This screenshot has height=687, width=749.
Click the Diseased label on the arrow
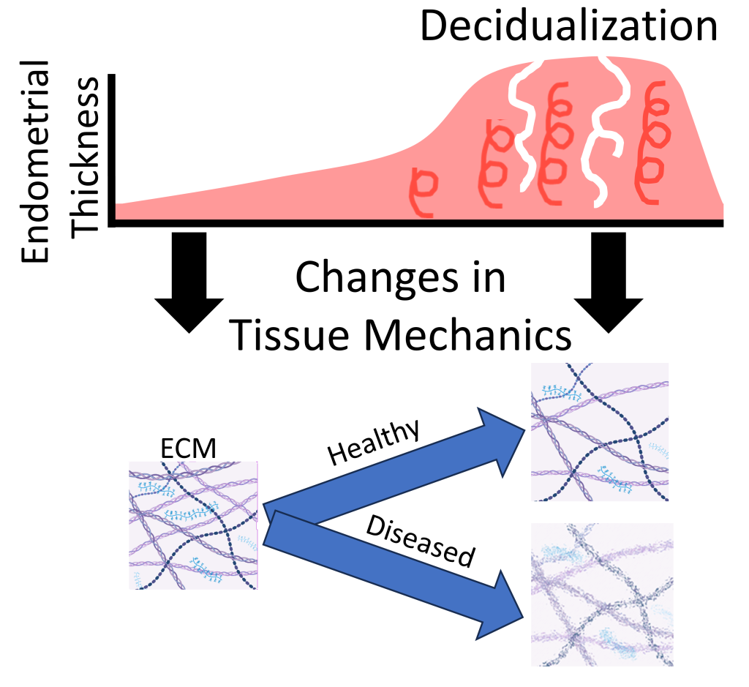tap(417, 542)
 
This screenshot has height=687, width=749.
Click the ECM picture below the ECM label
tap(194, 525)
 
